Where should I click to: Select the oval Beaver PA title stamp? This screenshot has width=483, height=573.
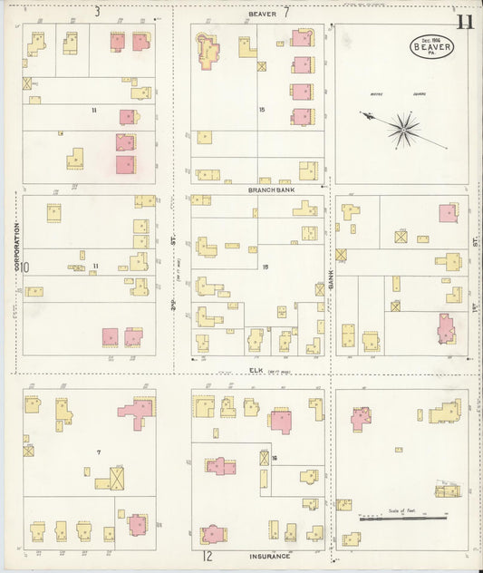(431, 44)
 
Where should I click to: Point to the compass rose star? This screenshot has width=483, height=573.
(402, 129)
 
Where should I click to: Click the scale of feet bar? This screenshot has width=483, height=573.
(403, 519)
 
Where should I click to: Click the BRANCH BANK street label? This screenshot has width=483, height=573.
(269, 189)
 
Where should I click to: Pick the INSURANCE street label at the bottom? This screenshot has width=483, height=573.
(269, 556)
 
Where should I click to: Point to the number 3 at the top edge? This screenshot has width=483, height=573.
(97, 12)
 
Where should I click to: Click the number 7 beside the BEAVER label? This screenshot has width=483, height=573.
(285, 13)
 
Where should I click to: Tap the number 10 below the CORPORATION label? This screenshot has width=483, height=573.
(25, 267)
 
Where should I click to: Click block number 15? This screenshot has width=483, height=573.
(261, 110)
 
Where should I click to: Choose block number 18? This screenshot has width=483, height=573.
(266, 267)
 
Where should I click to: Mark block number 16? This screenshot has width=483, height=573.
(274, 457)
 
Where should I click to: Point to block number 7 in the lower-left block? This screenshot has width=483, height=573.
(98, 451)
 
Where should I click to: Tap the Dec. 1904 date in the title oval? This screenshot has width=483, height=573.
(431, 37)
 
